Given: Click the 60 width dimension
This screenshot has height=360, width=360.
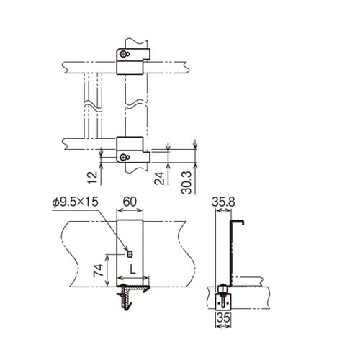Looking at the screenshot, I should (x=130, y=202).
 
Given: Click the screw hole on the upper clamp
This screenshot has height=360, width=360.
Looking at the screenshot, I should (x=126, y=55).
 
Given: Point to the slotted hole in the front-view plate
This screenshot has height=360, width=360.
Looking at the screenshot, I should (x=130, y=253).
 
